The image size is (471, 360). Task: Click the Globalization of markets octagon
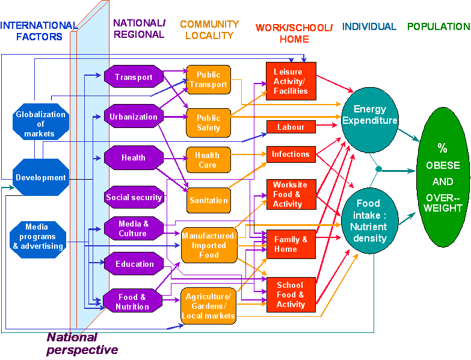[x=40, y=124]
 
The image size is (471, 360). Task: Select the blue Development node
[x=41, y=177]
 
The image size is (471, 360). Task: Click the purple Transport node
[x=134, y=77]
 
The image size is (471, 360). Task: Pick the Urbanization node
[x=134, y=117]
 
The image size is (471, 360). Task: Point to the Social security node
[x=134, y=197]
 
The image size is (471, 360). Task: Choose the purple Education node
[x=134, y=264]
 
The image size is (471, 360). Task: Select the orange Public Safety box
[x=208, y=123]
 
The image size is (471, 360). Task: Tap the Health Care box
[x=208, y=160]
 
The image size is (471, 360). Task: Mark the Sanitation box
[x=208, y=200]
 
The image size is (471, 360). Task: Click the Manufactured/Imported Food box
[x=209, y=245]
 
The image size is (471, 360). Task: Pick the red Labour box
[x=291, y=127]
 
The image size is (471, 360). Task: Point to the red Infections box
[x=291, y=154]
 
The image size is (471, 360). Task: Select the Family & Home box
[x=291, y=244]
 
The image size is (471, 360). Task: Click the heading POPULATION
[x=438, y=27]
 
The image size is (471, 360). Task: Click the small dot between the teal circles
[x=378, y=169]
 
